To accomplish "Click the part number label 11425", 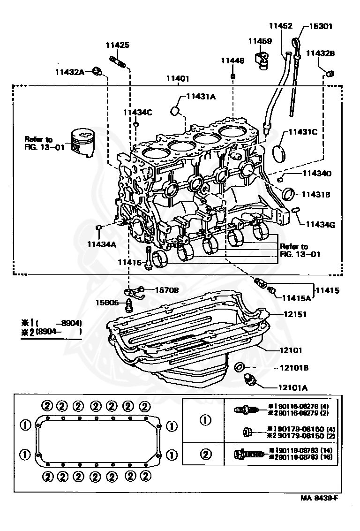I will (x=117, y=46).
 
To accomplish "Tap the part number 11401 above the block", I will (x=178, y=79).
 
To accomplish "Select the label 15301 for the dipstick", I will (x=321, y=26).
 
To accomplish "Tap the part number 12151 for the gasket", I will (x=294, y=314).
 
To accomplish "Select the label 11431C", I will (x=303, y=132).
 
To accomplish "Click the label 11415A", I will (x=296, y=297).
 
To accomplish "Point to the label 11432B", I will (x=321, y=53).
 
